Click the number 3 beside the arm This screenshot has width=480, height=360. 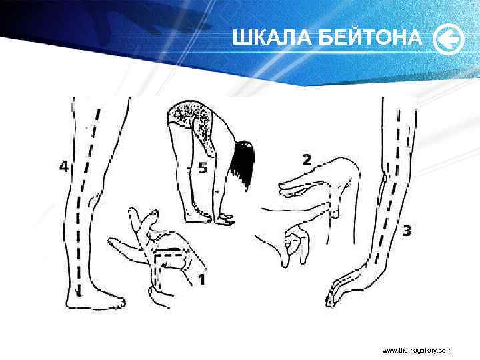point(407,231)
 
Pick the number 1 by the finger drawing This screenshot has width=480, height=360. point(200,280)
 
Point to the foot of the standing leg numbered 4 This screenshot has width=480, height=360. point(100,301)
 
